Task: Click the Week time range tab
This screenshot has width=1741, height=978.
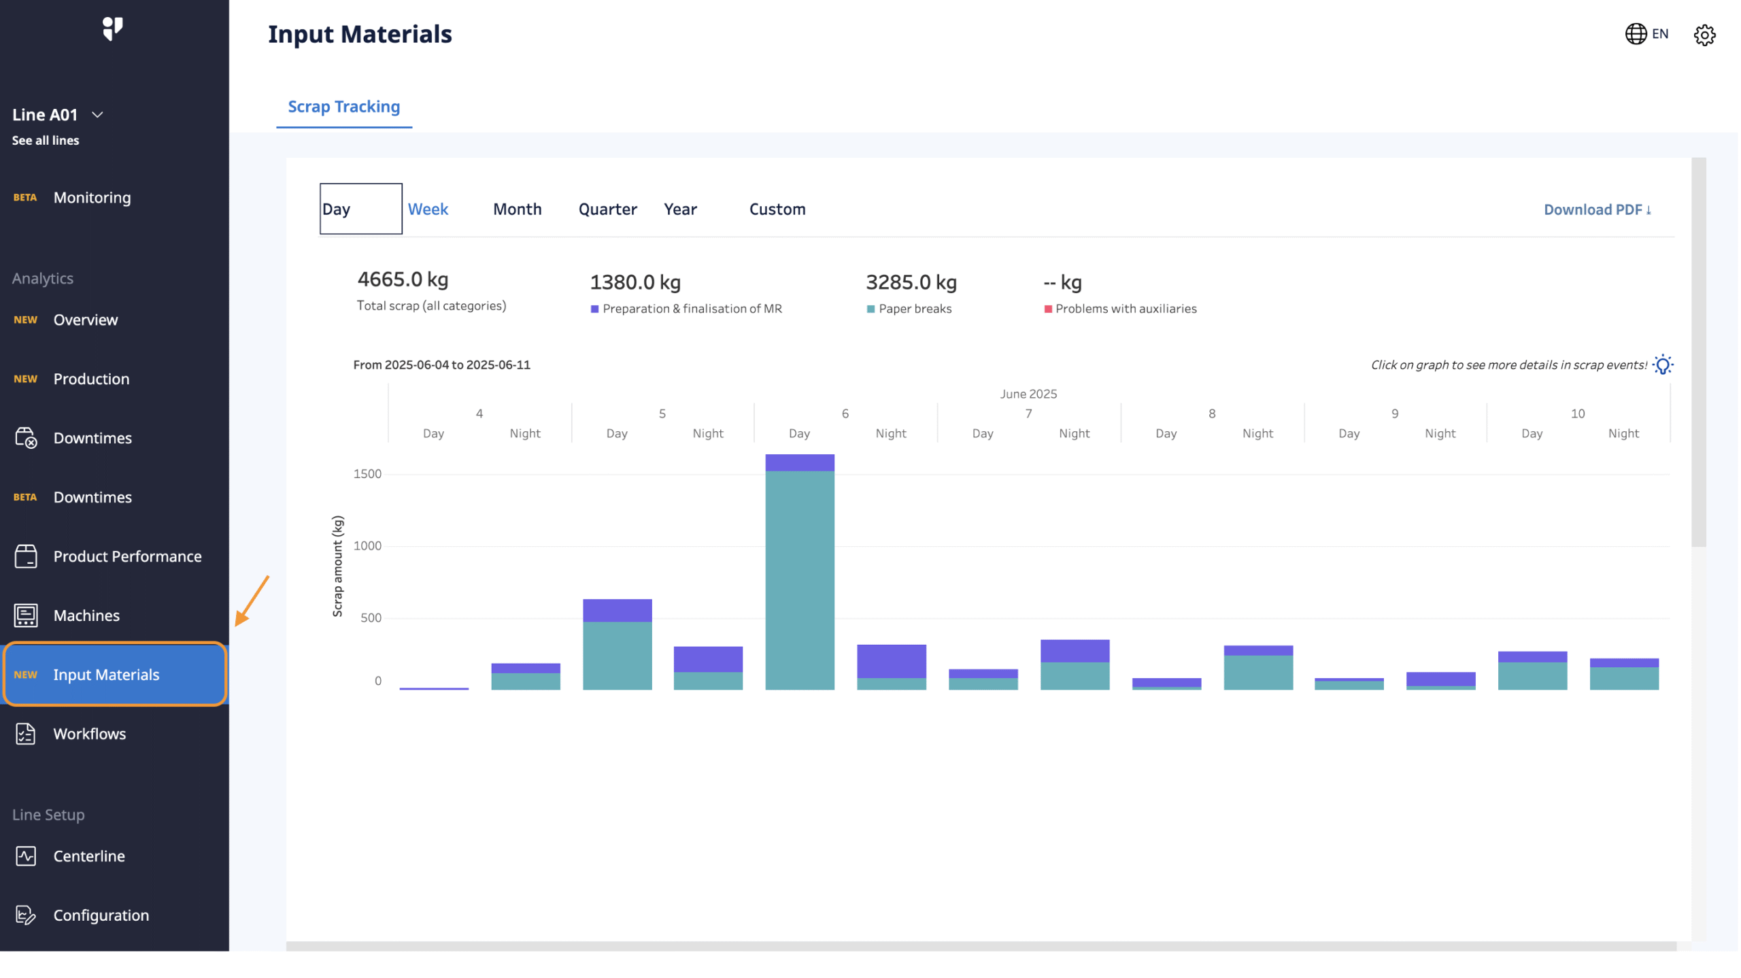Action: [x=428, y=209]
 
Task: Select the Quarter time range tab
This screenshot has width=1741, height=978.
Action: [x=607, y=209]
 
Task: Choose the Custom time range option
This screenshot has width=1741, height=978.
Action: [x=777, y=209]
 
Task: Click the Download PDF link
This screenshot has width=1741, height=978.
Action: [x=1597, y=210]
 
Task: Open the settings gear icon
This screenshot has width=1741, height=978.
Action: [x=1704, y=35]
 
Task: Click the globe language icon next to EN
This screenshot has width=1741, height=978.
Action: [x=1636, y=34]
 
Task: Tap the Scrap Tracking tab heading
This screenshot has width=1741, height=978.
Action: [x=344, y=107]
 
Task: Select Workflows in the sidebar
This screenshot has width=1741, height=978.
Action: [x=90, y=735]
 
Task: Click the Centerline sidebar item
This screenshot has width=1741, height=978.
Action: [x=89, y=857]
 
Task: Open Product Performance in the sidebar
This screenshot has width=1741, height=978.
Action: [x=127, y=557]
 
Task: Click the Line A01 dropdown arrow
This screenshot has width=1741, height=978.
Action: [x=97, y=115]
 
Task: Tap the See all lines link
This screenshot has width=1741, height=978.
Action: [x=46, y=141]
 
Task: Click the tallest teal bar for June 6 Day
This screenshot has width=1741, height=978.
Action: [x=800, y=578]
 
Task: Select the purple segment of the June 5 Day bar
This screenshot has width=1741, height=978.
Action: [x=618, y=611]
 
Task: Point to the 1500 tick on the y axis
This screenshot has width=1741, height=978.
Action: [x=368, y=474]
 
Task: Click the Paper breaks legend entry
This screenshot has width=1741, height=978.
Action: [x=915, y=309]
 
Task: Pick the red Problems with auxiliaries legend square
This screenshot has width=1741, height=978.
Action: [x=1048, y=309]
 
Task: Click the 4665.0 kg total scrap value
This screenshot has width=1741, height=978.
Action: [x=403, y=280]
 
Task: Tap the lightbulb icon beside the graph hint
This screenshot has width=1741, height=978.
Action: [x=1663, y=365]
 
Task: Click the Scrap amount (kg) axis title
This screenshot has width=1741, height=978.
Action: [x=338, y=567]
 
